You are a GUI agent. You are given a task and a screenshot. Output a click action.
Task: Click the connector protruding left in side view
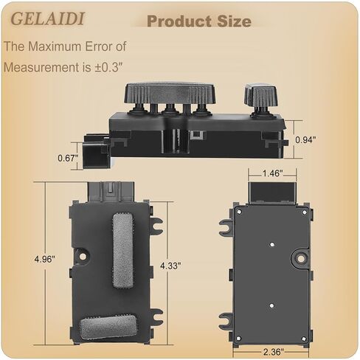[94, 150]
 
